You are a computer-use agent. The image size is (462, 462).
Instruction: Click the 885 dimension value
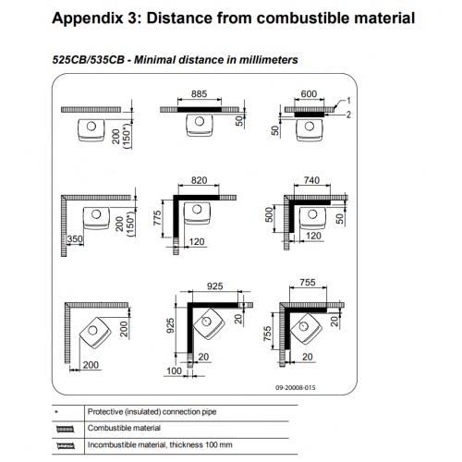click(x=199, y=93)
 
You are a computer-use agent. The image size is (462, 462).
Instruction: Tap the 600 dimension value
click(x=309, y=93)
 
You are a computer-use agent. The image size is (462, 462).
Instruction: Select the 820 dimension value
click(x=199, y=180)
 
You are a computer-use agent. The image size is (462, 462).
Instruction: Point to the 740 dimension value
click(x=311, y=180)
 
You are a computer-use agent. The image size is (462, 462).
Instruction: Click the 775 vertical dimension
click(x=157, y=218)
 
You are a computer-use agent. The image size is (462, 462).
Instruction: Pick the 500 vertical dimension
click(x=269, y=214)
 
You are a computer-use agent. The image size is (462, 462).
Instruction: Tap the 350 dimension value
click(x=75, y=238)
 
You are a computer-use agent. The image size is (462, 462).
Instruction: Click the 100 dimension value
click(x=174, y=371)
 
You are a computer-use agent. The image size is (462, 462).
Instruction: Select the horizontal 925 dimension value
click(x=214, y=286)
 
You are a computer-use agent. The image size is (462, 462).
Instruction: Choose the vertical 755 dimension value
click(x=267, y=334)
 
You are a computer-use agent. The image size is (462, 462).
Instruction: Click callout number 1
click(x=348, y=101)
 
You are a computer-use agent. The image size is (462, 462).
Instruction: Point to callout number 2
click(x=348, y=115)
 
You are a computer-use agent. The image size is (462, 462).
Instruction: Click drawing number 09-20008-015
click(x=296, y=387)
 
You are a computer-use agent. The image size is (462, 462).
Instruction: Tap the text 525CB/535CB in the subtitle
click(x=88, y=60)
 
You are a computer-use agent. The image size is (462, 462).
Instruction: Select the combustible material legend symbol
click(x=66, y=429)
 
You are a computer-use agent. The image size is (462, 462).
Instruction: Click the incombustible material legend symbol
click(x=66, y=445)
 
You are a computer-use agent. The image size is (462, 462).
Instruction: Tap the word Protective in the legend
click(x=105, y=412)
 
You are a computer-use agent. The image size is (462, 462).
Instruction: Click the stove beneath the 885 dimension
click(x=200, y=124)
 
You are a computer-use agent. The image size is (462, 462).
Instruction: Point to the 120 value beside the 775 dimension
click(x=197, y=241)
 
